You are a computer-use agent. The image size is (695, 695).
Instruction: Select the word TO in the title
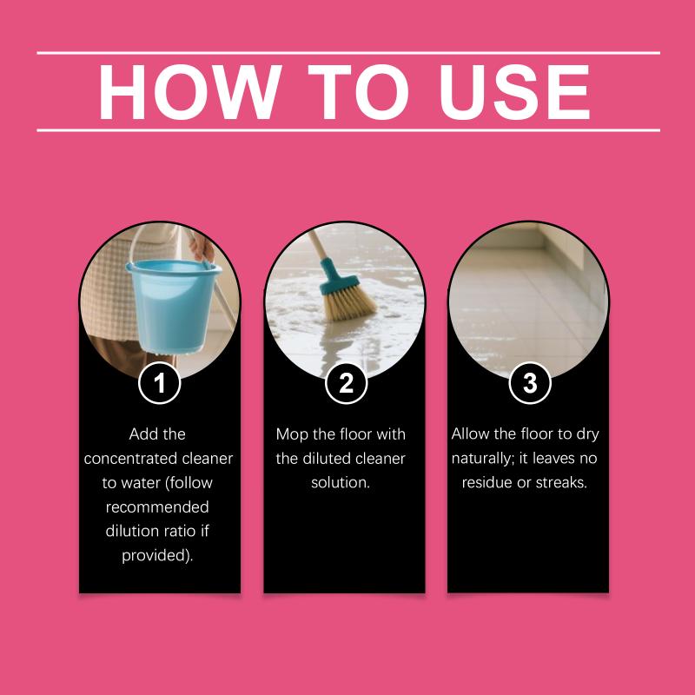click(358, 92)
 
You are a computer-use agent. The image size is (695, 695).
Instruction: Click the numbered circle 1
click(160, 383)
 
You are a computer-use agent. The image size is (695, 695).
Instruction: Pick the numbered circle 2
click(346, 383)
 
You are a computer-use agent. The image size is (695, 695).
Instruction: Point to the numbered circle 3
click(530, 383)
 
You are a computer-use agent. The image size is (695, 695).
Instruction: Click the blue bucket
click(173, 307)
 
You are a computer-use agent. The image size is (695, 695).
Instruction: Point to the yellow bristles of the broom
click(349, 302)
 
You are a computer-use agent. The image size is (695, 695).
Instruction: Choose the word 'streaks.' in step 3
click(561, 482)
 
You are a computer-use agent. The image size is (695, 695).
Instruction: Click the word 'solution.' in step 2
click(341, 482)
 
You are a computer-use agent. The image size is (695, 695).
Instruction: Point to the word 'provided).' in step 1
click(157, 555)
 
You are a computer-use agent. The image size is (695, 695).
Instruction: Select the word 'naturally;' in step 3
click(483, 459)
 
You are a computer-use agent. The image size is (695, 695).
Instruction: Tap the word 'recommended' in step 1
click(157, 507)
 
